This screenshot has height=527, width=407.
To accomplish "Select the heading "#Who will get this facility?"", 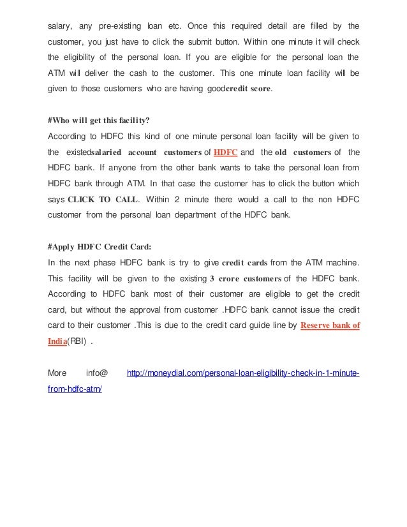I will [x=99, y=120].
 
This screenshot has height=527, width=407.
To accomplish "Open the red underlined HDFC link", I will [x=225, y=152].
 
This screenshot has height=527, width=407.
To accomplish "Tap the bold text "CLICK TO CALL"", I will [x=102, y=199].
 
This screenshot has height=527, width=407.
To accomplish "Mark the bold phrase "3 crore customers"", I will [x=245, y=278].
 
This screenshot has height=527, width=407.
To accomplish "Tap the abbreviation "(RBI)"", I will [x=78, y=341].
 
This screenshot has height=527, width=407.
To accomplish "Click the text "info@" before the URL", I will [x=96, y=372].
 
